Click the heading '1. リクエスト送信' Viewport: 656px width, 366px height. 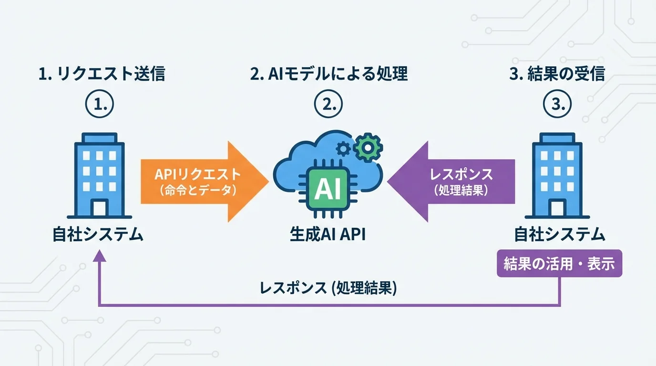(102, 74)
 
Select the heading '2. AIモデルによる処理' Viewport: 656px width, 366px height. (329, 74)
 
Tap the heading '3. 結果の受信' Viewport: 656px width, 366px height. (556, 74)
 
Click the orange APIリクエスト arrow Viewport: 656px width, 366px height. (200, 182)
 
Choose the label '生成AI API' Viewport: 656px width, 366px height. (328, 235)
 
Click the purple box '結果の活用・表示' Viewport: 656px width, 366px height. (559, 264)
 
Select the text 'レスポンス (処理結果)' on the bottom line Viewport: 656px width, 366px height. (328, 288)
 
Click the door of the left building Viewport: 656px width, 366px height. (100, 209)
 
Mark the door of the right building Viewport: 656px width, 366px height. (557, 209)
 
